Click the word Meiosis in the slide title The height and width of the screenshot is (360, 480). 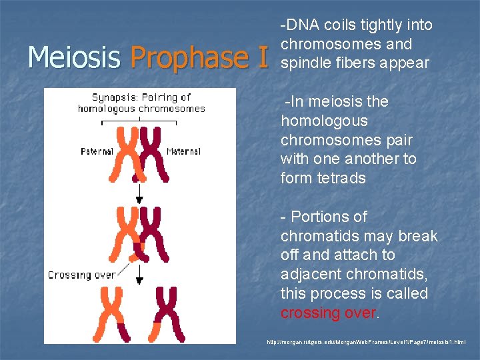[x=73, y=57]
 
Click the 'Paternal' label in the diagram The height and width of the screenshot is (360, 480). [x=97, y=151]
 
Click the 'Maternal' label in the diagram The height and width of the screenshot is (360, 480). [x=183, y=151]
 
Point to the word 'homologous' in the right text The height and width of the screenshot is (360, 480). [x=324, y=121]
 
